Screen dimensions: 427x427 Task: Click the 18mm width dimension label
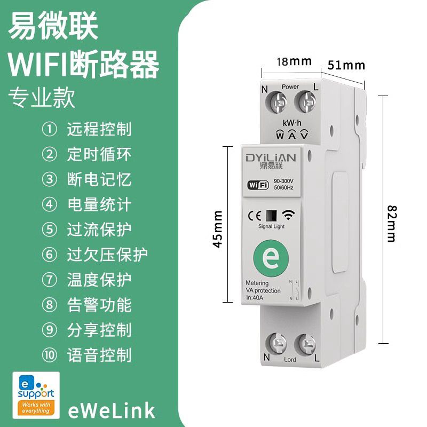click(x=294, y=61)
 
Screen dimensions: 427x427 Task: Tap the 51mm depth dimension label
click(x=346, y=65)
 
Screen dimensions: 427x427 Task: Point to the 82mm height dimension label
click(x=392, y=224)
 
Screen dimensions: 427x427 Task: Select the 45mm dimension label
click(x=218, y=229)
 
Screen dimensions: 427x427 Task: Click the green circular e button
click(x=271, y=257)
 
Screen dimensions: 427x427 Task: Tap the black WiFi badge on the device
click(x=258, y=185)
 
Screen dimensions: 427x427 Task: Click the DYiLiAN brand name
click(x=271, y=158)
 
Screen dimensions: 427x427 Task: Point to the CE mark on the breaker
click(x=255, y=216)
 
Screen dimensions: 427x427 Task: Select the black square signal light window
click(x=271, y=216)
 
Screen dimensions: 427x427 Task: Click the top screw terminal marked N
click(x=276, y=102)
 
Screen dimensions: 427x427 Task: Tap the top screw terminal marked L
click(x=305, y=101)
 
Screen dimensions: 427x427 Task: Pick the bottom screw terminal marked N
click(x=276, y=344)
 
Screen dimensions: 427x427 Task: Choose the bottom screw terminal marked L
click(x=305, y=344)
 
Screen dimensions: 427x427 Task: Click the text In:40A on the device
click(x=255, y=298)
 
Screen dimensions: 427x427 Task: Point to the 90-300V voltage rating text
click(x=283, y=181)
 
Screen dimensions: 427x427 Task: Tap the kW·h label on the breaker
click(x=292, y=123)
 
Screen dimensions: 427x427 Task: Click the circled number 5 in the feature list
click(x=50, y=230)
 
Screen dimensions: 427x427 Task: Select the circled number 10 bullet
click(x=50, y=355)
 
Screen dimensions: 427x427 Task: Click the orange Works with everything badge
click(x=36, y=408)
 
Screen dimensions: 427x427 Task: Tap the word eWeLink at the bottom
click(x=112, y=410)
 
